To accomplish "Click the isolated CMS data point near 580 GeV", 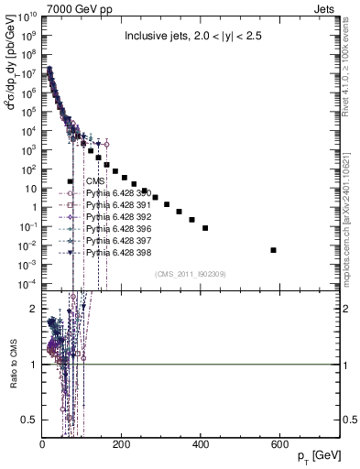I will (x=274, y=249).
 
